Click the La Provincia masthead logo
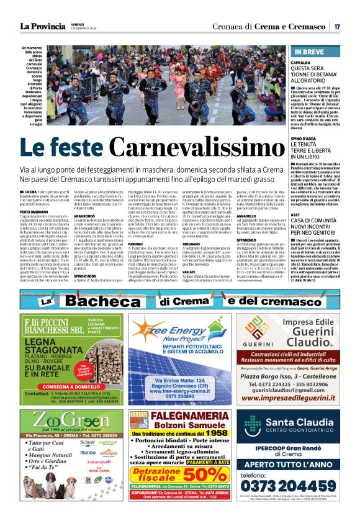coord(43,26)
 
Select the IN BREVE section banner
coord(317,52)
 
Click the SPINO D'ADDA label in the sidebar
coord(305,138)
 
